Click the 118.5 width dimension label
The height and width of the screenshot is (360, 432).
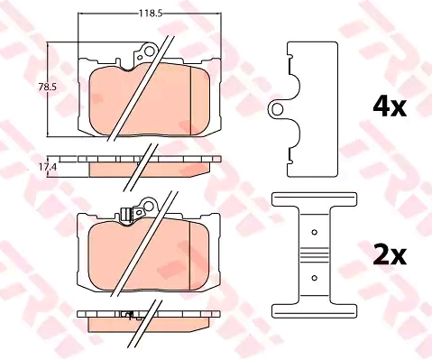pos(150,14)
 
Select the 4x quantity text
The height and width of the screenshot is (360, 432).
pos(390,106)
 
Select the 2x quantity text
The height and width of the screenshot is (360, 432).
pos(390,255)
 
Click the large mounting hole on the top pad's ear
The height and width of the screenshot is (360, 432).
pos(150,51)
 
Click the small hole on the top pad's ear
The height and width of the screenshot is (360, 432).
pos(140,58)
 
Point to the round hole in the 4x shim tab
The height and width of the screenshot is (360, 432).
pos(277,109)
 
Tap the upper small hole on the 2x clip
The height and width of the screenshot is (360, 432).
pos(315,232)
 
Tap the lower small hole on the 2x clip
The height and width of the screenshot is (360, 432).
pos(315,278)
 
